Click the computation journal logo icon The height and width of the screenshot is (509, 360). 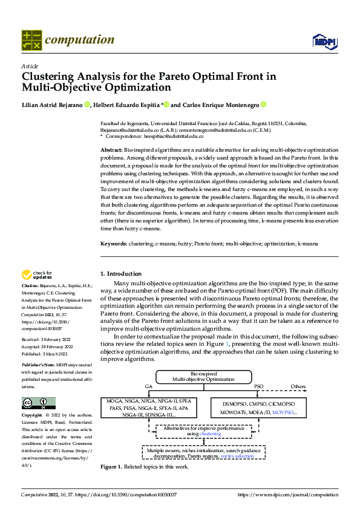(x=31, y=40)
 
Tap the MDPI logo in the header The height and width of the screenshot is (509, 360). (x=323, y=41)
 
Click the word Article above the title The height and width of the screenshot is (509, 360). (x=29, y=65)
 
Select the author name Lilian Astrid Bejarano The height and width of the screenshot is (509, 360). (x=52, y=105)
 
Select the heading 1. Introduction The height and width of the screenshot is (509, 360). (x=121, y=274)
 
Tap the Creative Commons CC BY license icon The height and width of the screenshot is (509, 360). (x=38, y=403)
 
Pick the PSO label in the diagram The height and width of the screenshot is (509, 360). (x=258, y=385)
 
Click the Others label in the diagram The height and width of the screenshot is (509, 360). (x=298, y=385)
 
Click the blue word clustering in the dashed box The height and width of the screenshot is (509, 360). (x=210, y=433)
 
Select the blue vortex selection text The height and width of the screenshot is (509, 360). (x=237, y=456)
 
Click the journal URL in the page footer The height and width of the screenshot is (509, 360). (x=288, y=494)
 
